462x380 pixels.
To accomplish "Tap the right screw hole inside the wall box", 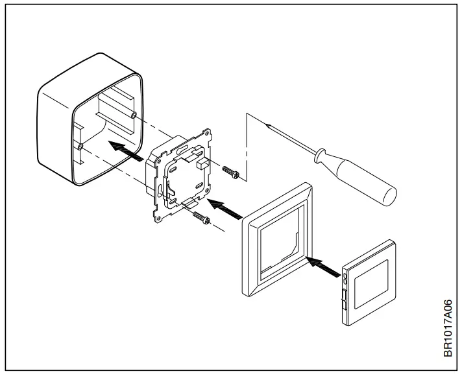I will coord(132,115).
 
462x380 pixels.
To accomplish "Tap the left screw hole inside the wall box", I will coord(79,147).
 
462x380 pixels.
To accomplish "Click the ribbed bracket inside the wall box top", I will coord(113,106).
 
